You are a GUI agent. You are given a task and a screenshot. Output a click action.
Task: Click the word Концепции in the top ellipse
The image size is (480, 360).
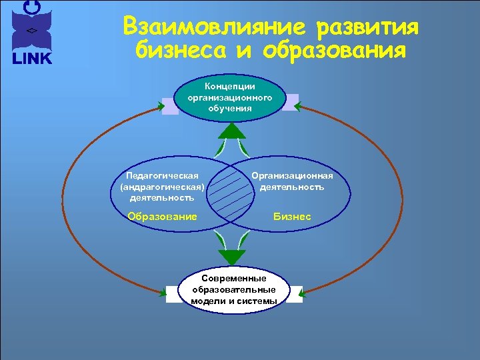point(230,86)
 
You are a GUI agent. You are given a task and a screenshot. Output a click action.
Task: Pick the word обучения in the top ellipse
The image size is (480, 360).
point(230,108)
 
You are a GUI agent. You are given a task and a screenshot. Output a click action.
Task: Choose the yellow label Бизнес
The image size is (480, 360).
point(292,217)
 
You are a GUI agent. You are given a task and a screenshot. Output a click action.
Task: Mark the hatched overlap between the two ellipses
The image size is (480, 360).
point(229,193)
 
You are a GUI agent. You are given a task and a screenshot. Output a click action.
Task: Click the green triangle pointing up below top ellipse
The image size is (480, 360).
point(231,130)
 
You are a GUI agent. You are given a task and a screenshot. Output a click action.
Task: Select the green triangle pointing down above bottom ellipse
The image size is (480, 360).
point(232,257)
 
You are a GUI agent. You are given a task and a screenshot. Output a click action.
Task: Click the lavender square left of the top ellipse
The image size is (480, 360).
point(170,107)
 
